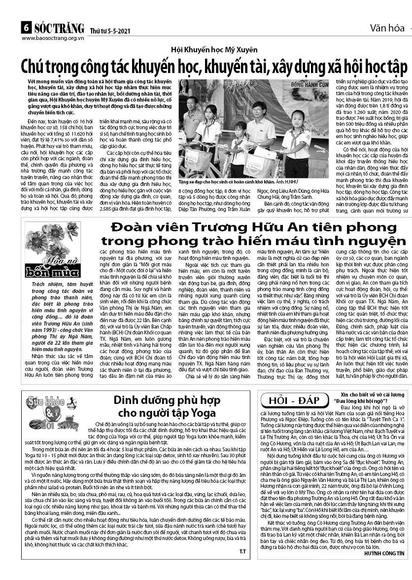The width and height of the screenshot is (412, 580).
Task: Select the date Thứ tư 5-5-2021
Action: (x=104, y=31)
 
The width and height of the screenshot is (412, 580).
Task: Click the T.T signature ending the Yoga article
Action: (x=242, y=550)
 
